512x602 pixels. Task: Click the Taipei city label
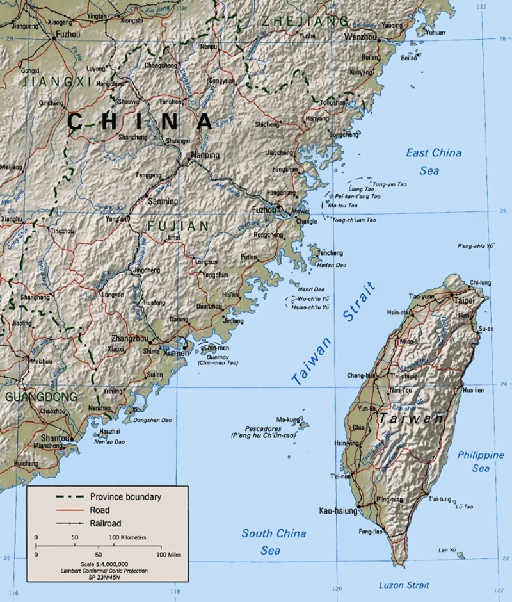465,300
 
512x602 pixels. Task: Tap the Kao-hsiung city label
338,511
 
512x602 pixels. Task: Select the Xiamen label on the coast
177,353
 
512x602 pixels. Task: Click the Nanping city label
205,156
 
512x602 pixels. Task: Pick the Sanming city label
163,201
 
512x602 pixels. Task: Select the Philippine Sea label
481,461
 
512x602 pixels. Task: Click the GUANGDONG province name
41,396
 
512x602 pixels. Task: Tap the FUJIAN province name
178,226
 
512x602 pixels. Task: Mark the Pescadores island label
264,428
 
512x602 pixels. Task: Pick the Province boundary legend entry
125,496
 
